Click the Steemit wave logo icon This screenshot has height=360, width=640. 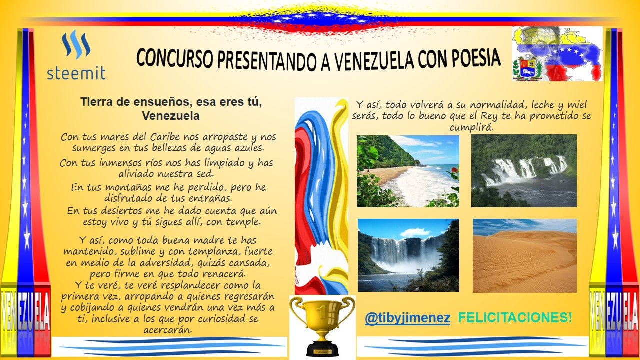[x=76, y=45]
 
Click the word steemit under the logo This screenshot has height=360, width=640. [x=76, y=73]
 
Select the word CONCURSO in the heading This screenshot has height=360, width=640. [x=175, y=58]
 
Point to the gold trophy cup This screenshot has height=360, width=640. [x=322, y=325]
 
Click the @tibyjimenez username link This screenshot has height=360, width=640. [x=407, y=318]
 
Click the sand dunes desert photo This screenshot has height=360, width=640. [x=525, y=255]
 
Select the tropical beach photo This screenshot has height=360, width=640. [x=408, y=171]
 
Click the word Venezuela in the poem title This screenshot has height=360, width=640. [x=171, y=116]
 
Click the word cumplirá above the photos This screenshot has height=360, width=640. [x=471, y=127]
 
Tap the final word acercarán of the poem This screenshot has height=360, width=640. [x=167, y=330]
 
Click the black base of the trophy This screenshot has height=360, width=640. [x=322, y=350]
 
